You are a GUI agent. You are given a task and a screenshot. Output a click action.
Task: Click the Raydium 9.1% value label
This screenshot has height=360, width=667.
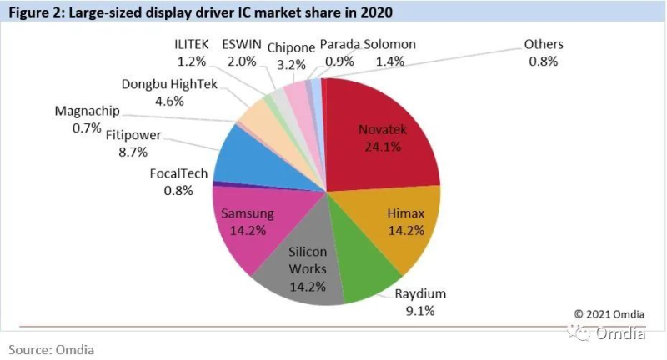point(420,311)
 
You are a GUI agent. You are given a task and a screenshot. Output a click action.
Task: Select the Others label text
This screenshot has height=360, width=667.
point(544,45)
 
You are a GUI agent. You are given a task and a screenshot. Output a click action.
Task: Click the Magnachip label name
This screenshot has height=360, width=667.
point(88,112)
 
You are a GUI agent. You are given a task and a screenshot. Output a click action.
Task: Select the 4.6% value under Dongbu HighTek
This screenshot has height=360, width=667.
point(169,102)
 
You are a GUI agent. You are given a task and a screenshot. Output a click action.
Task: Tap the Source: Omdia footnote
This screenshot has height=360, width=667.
point(51,350)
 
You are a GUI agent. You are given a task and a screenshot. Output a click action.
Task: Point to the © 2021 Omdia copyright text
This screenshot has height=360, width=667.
point(609,314)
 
